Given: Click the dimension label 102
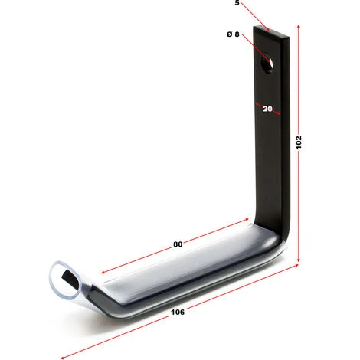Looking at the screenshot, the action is pyautogui.click(x=299, y=142).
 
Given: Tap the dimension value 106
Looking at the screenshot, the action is pyautogui.click(x=178, y=312).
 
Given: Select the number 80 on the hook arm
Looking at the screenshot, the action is pyautogui.click(x=178, y=244).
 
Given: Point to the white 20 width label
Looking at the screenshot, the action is pyautogui.click(x=267, y=109).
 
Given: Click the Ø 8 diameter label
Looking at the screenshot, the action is pyautogui.click(x=233, y=34).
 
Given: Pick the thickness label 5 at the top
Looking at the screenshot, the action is pyautogui.click(x=237, y=3).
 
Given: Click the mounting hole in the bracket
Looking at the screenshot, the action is pyautogui.click(x=267, y=64).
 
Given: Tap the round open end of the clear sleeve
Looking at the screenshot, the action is pyautogui.click(x=65, y=280).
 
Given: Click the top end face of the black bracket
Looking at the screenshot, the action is pyautogui.click(x=271, y=32).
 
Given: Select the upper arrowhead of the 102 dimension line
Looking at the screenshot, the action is pyautogui.click(x=299, y=27).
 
